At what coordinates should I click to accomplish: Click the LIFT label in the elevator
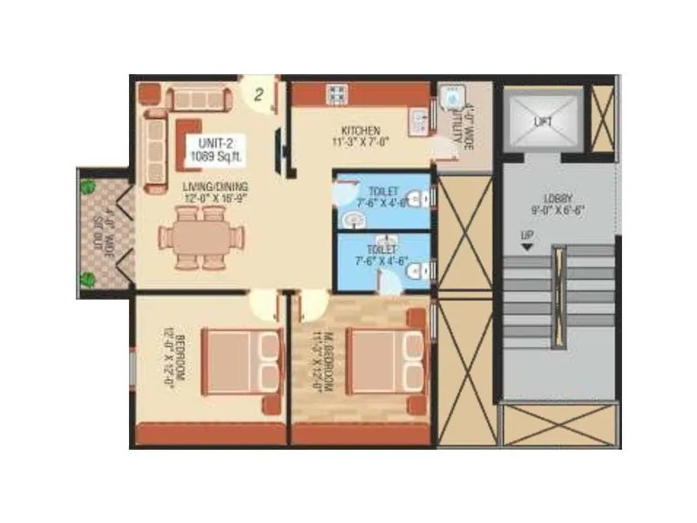coord(543,122)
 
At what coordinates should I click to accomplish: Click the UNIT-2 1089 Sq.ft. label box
coord(213,150)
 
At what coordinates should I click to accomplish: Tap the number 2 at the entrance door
coord(258,95)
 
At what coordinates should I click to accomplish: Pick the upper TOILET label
coord(383,191)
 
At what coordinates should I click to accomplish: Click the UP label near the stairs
coord(527,235)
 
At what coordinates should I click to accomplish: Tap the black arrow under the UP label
coord(527,248)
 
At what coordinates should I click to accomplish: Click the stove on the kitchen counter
coord(335,92)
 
